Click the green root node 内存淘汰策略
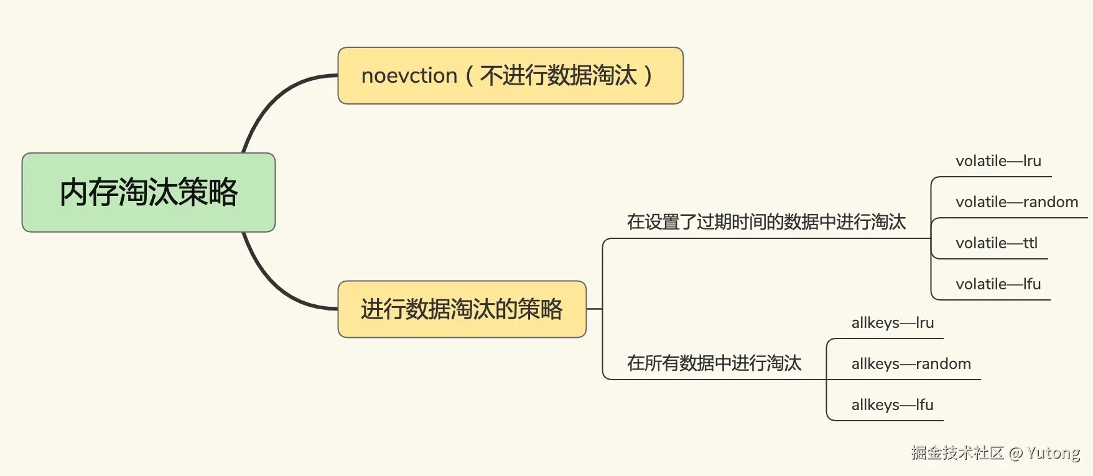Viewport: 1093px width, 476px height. tap(148, 192)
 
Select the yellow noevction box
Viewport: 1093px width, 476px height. tap(510, 75)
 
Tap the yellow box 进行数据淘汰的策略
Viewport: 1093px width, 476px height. tap(462, 309)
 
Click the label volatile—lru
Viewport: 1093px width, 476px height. tap(998, 161)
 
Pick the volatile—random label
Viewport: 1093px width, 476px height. tap(1016, 202)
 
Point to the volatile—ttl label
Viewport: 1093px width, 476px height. tap(996, 243)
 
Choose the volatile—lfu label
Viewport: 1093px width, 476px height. tap(998, 284)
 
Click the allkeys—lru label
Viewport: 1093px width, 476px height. tap(892, 323)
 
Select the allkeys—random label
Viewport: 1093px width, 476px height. tap(911, 364)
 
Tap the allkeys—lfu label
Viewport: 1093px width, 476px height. tap(892, 405)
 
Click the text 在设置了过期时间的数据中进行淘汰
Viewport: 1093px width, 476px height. tap(766, 222)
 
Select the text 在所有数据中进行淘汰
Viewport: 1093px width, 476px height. tap(714, 363)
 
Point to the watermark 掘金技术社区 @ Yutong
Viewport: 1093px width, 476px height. tap(995, 452)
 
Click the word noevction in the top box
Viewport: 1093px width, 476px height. tap(409, 76)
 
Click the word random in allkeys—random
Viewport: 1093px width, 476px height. tap(943, 364)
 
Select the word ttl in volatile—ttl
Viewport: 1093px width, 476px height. tap(1030, 243)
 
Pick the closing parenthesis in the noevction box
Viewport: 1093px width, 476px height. tap(648, 76)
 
